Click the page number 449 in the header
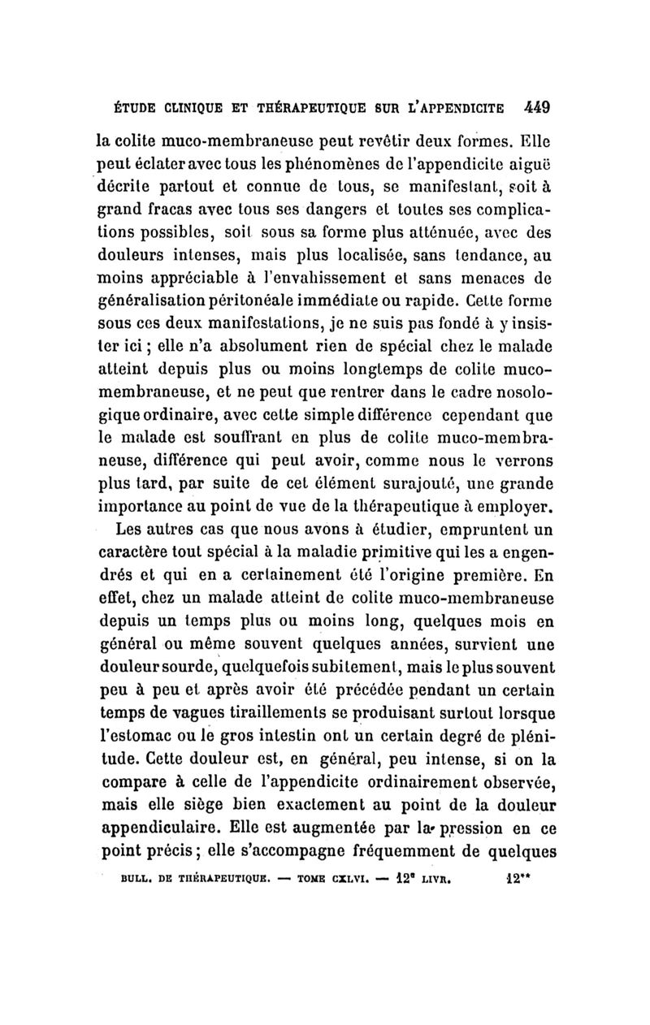pos(539,106)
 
